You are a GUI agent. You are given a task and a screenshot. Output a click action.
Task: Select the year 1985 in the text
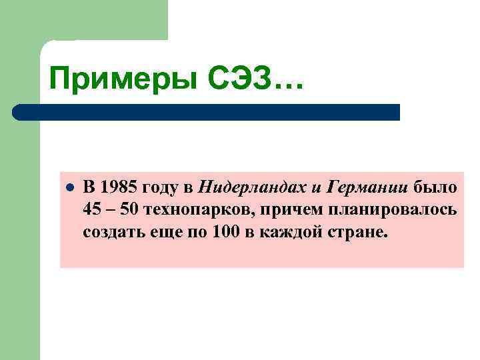[117, 185]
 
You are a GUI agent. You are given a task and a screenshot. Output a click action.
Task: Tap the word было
[435, 185]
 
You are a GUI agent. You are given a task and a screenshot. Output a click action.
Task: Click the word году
[158, 185]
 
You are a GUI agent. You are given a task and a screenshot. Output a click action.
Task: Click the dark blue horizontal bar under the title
[207, 112]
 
